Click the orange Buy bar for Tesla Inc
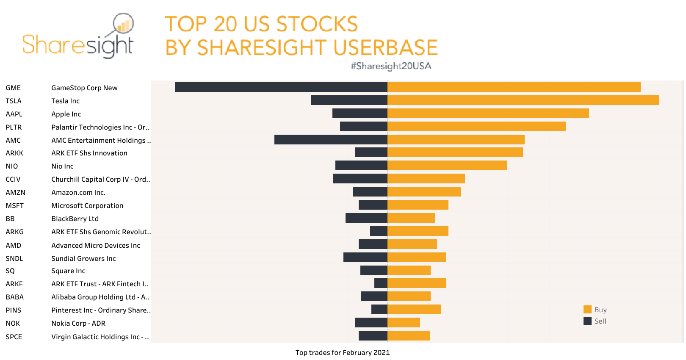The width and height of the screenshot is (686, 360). [x=523, y=100]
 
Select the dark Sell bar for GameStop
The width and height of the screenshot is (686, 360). [x=281, y=87]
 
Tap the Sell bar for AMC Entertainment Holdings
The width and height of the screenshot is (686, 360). [x=331, y=140]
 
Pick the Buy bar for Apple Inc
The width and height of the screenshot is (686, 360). [x=488, y=114]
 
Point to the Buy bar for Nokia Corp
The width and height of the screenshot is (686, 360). [x=404, y=323]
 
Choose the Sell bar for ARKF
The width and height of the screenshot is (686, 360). [x=381, y=283]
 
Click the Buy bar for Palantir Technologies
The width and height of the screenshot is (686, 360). [x=476, y=127]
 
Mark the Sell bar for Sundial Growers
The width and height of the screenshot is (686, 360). [x=365, y=258]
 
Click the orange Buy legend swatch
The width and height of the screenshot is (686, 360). [x=587, y=310]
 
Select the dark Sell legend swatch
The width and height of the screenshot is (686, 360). [x=587, y=321]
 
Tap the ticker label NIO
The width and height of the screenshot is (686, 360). [x=12, y=166]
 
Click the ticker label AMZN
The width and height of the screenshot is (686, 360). [x=16, y=193]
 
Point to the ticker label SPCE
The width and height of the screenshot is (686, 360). [x=14, y=337]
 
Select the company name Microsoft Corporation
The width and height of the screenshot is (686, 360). [x=87, y=206]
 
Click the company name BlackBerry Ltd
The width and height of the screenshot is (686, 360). [x=75, y=219]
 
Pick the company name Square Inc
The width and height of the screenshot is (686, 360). [x=68, y=271]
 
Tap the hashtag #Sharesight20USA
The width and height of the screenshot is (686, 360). [x=391, y=66]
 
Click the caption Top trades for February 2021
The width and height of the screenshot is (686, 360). [x=343, y=353]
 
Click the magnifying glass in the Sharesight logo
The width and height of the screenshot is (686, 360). [x=123, y=24]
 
